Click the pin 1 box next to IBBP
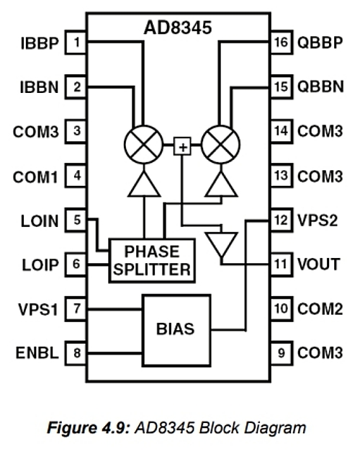point(76,43)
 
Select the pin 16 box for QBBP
point(281,43)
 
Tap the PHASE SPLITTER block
point(152,261)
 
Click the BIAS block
point(176,331)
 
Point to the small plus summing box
point(182,146)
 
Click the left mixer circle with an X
point(143,144)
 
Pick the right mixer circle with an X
point(220,144)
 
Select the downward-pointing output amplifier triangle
point(221,243)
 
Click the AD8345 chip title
point(178,28)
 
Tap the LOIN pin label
point(40,221)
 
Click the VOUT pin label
point(319,264)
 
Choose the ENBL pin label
point(37,352)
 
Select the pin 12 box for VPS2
point(281,220)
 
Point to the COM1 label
point(35,177)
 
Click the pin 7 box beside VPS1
point(76,308)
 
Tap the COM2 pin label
point(320,308)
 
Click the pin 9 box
point(281,353)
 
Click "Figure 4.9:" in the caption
point(89,428)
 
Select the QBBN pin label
point(320,86)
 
